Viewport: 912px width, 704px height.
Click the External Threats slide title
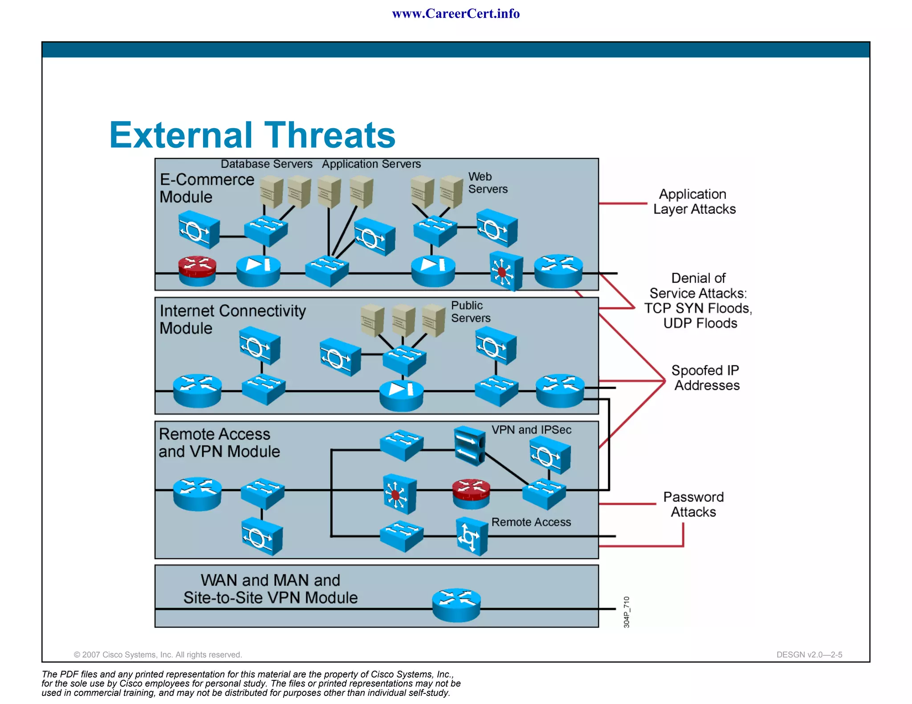(x=252, y=135)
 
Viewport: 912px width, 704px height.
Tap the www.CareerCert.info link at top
(x=456, y=13)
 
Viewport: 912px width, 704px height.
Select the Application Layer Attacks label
(x=694, y=202)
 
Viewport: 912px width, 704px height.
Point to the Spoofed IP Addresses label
(x=706, y=378)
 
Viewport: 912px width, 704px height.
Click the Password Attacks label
(x=693, y=504)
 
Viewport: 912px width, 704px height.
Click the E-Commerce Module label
(x=207, y=188)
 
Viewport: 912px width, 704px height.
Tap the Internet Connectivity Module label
(x=232, y=319)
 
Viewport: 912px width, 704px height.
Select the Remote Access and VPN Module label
(x=219, y=443)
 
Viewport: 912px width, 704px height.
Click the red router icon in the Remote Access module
(x=471, y=493)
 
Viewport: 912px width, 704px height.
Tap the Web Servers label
(x=488, y=183)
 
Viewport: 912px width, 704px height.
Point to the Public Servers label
(x=470, y=312)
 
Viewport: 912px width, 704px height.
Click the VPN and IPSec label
(x=531, y=430)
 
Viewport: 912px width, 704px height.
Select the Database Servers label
(x=266, y=164)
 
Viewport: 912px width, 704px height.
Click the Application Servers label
(x=371, y=164)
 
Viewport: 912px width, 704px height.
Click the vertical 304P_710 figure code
(x=627, y=612)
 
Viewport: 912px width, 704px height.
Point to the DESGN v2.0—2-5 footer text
(x=809, y=655)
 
